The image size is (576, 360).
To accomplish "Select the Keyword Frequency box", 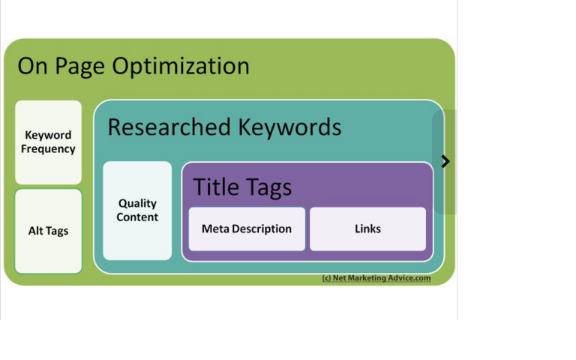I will (48, 142).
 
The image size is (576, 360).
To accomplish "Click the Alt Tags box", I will (48, 231).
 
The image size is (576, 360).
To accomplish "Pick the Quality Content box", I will (137, 211).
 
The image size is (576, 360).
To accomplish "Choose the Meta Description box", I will (247, 229).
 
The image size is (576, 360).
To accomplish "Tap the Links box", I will (367, 229).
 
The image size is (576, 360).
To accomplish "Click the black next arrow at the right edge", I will (445, 161).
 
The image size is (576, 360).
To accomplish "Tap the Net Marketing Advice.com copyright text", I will (376, 278).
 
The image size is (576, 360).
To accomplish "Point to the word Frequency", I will (48, 149).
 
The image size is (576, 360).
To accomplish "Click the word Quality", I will (137, 203).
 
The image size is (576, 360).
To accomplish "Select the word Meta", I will (215, 229).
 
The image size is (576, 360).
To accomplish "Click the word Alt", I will (37, 231).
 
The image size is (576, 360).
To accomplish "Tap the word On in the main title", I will (32, 67).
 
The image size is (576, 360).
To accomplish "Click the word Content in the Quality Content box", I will (137, 217).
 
